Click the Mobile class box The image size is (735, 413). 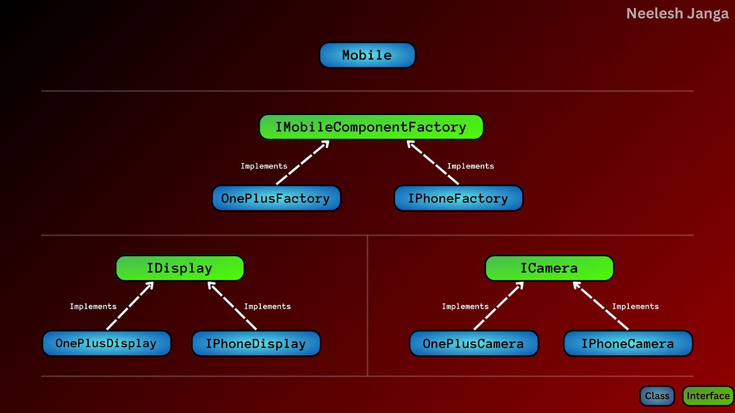(x=367, y=55)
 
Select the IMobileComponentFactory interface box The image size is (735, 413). (x=371, y=127)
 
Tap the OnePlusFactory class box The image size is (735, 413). (x=276, y=198)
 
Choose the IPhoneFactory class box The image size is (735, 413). (x=458, y=198)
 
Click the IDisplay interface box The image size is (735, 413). (x=180, y=268)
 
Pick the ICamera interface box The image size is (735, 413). (x=549, y=268)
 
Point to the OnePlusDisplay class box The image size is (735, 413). (x=107, y=343)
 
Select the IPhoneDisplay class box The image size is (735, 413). (x=256, y=343)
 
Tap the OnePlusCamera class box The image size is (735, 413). (x=474, y=343)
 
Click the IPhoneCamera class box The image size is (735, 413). (x=628, y=343)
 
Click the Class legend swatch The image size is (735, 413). (x=657, y=396)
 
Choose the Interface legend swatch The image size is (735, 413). (x=708, y=396)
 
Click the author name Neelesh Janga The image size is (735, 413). (x=677, y=14)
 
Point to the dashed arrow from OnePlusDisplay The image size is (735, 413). (x=130, y=305)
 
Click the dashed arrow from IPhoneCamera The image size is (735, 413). (x=601, y=305)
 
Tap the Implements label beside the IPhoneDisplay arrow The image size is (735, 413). (x=267, y=307)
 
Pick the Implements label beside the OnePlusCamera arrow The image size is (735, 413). (x=465, y=307)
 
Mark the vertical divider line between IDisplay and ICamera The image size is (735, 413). (x=367, y=305)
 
